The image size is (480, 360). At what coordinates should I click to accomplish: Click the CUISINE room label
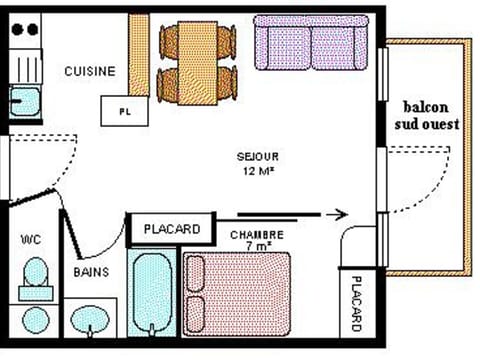[89, 71]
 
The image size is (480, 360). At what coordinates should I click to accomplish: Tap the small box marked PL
[123, 109]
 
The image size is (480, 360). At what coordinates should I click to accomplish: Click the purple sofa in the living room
[311, 42]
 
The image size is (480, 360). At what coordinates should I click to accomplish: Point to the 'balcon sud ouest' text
[431, 115]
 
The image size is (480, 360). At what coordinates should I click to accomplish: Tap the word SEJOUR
[257, 157]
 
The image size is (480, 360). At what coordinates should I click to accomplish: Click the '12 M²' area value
[257, 171]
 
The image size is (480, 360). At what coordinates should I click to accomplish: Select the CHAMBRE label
[256, 236]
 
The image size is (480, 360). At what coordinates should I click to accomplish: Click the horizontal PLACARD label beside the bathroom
[171, 229]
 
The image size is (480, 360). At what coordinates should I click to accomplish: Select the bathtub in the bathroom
[152, 294]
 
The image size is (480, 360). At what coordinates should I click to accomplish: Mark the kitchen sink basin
[24, 101]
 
